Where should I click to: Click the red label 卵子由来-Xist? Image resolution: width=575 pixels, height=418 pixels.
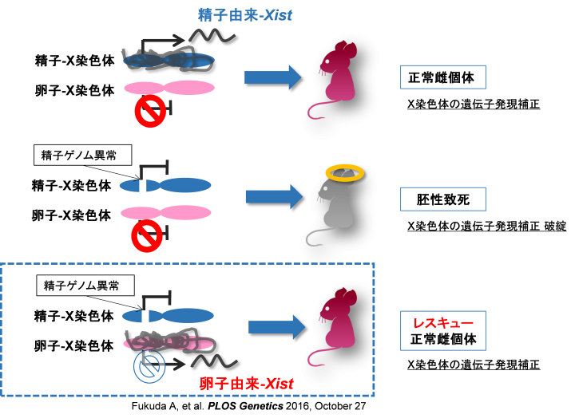(x=246, y=384)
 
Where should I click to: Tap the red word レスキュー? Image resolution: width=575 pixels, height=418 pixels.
(x=442, y=324)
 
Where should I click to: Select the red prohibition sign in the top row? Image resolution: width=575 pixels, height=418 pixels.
(x=149, y=112)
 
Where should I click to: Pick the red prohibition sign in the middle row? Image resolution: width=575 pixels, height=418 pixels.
(x=147, y=235)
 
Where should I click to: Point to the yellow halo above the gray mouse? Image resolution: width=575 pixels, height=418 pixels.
(x=345, y=172)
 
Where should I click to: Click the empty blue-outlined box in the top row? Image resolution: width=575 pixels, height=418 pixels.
(x=442, y=77)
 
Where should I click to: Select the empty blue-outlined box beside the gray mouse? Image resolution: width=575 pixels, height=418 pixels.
(x=442, y=199)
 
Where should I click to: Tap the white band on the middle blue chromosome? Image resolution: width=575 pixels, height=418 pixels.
(x=143, y=186)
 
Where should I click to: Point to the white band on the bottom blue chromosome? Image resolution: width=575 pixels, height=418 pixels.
(x=145, y=317)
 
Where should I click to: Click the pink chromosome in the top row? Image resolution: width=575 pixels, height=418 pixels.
(x=169, y=88)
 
